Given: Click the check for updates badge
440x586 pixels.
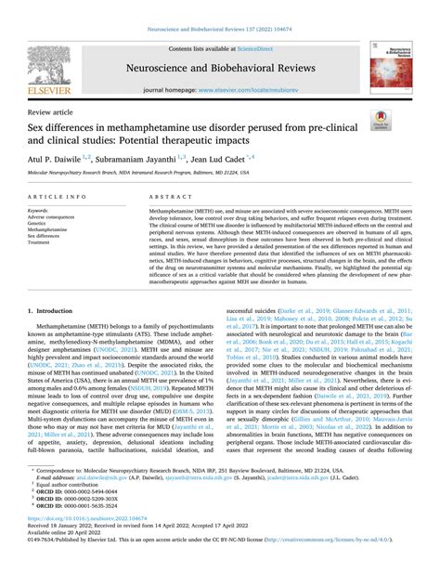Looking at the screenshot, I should pos(380,117).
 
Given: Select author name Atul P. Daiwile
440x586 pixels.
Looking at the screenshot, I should pos(61,159).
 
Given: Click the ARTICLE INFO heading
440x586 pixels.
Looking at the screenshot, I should pos(59,198).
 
